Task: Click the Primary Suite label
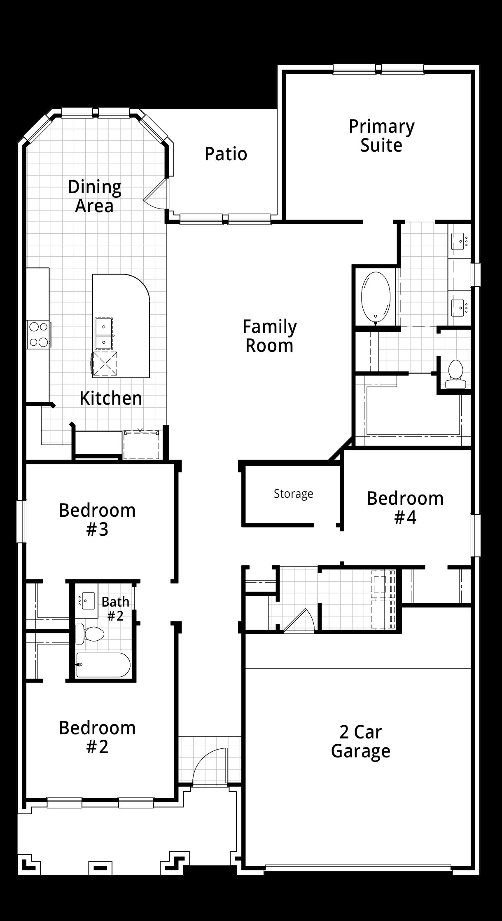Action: [381, 136]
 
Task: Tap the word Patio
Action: [226, 154]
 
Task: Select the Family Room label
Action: [269, 336]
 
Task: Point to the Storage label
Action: [293, 494]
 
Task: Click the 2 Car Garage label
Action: [361, 742]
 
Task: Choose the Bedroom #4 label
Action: [405, 508]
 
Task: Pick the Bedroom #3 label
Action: [97, 520]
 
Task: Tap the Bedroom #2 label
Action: [97, 737]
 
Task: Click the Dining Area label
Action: [95, 196]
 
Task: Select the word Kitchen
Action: [111, 398]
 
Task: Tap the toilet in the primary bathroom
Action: [455, 374]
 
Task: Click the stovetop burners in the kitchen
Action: [38, 335]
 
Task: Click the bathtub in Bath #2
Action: [103, 664]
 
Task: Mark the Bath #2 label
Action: [115, 609]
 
